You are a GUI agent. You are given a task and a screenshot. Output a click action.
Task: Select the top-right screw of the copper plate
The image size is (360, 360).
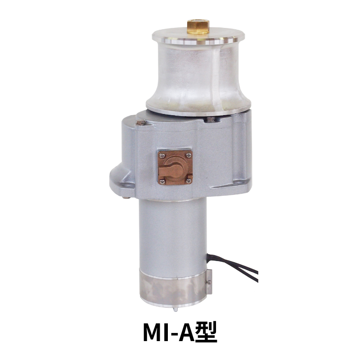(189, 155)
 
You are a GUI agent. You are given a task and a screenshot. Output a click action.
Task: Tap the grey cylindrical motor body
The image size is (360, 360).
(171, 234)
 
